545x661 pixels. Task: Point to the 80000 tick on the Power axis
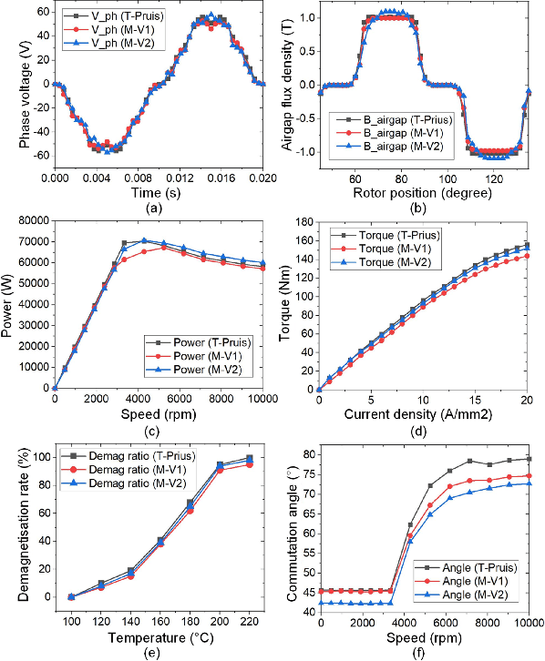pyautogui.click(x=32, y=219)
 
